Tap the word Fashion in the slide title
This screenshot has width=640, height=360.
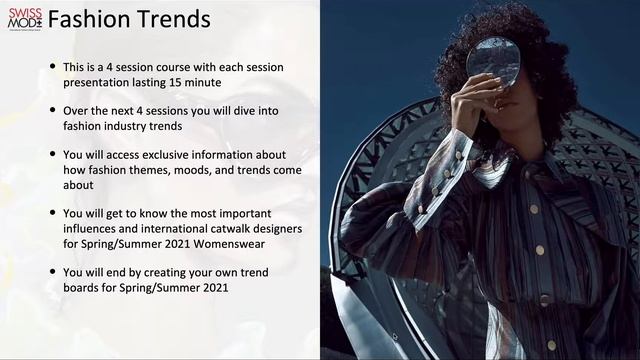88,19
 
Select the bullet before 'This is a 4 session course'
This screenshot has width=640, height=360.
52,67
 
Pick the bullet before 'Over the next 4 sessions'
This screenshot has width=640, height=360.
52,111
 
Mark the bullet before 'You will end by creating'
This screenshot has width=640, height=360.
52,273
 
